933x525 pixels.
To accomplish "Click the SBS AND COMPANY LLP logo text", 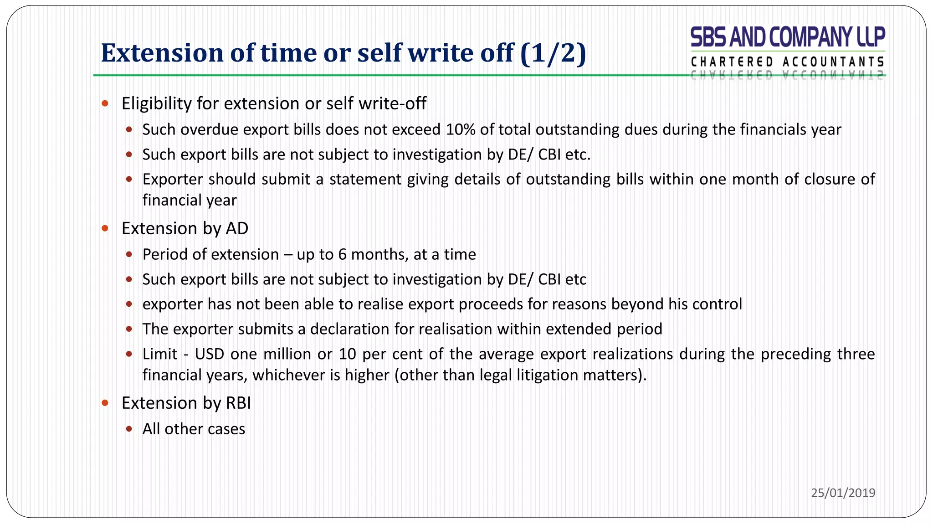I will coord(788,37).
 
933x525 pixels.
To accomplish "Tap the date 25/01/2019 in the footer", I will coord(843,493).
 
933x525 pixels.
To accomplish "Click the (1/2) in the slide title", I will coord(553,53).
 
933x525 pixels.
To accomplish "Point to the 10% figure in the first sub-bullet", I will coord(461,130).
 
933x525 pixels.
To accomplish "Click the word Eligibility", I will coord(156,104).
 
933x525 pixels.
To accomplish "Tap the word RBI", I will coord(238,403).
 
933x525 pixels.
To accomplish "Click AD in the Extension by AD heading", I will coord(237,229).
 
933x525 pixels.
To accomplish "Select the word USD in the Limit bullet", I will coord(210,354).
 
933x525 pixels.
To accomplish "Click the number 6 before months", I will coord(342,254).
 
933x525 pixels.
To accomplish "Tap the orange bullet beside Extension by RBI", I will coord(105,403).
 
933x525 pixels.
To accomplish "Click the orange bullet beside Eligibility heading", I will coord(105,103).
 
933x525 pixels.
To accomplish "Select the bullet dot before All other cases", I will coord(129,429).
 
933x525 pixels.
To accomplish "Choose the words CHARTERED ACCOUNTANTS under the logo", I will coord(788,62).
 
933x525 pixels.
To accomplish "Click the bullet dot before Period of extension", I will coord(129,254).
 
